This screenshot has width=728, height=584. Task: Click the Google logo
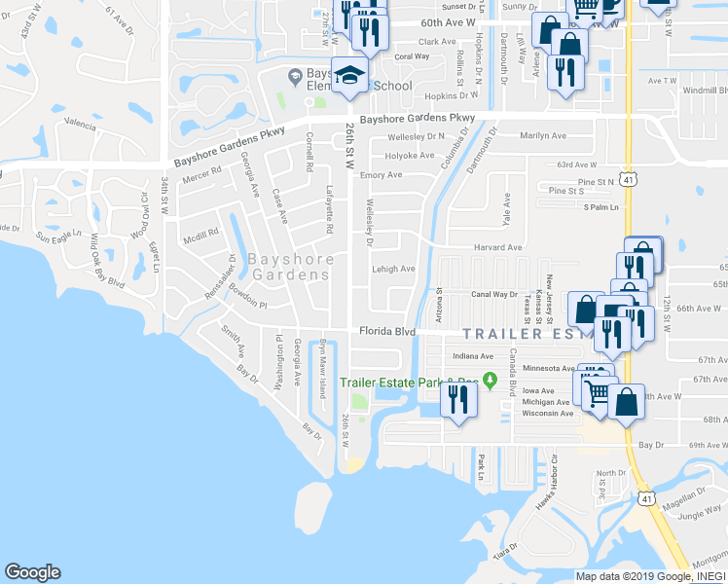point(33,572)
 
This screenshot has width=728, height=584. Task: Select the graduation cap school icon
point(349,76)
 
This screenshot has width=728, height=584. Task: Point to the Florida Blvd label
point(387,331)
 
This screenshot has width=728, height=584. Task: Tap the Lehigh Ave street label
point(393,270)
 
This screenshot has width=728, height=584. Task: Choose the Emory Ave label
point(381,175)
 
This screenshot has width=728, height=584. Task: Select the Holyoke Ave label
point(410,156)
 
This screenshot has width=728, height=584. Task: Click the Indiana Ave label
point(473,357)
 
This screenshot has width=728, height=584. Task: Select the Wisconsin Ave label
point(547,414)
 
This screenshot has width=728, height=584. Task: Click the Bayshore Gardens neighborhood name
point(290,267)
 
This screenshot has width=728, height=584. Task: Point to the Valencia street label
point(80,124)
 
